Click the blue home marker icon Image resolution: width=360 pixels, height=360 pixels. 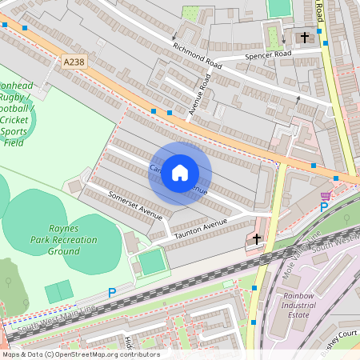click(180, 173)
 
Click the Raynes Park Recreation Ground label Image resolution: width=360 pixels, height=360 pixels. click(62, 239)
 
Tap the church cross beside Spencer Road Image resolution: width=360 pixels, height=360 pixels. click(304, 38)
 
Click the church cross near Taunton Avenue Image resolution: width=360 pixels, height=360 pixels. click(257, 238)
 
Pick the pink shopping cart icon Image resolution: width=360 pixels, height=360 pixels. click(326, 195)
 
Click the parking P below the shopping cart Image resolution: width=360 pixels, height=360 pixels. click(324, 207)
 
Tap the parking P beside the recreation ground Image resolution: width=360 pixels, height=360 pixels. click(112, 293)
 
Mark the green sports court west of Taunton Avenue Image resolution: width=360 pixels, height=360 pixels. click(152, 262)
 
